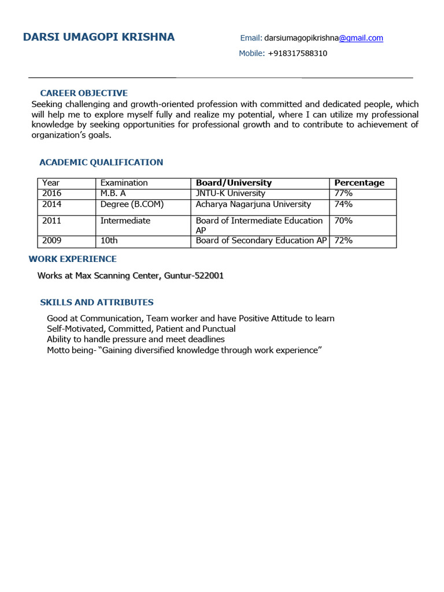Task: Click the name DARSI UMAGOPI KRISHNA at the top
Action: pos(98,38)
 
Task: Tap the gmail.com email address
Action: pos(324,38)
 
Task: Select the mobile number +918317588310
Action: pos(297,53)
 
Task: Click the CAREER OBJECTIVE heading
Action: pos(84,93)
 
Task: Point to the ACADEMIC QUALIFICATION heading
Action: pos(101,162)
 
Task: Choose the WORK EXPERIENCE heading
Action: pos(73,259)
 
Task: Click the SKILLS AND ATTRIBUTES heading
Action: pos(97,302)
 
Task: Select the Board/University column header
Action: pos(234,183)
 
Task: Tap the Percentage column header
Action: pos(359,183)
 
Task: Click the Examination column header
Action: pos(124,183)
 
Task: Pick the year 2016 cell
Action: pos(51,193)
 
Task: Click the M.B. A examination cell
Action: pos(113,193)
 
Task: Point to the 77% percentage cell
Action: pos(343,193)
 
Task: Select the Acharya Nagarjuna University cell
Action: pos(253,204)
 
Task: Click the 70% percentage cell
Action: pos(343,220)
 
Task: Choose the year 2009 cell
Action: pos(51,240)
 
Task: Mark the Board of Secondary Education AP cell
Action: pos(261,240)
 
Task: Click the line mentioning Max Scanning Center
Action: pos(130,276)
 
